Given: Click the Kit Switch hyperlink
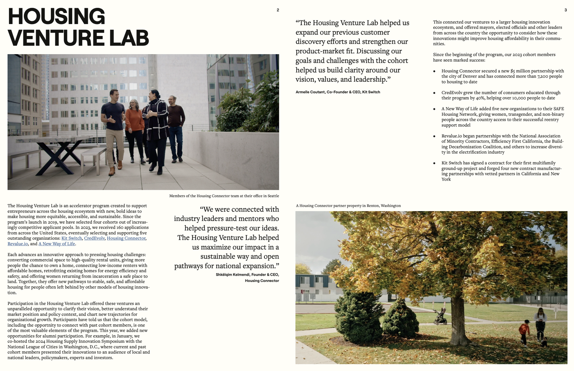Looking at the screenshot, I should click(x=72, y=238).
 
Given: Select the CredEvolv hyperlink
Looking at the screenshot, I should click(x=94, y=238).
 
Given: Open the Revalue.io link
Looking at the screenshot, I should click(x=18, y=244).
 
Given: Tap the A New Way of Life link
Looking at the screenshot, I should click(x=57, y=244).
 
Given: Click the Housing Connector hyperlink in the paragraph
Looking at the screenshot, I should click(x=126, y=238).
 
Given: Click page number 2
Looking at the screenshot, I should click(x=278, y=10).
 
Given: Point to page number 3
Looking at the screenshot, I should click(x=565, y=10).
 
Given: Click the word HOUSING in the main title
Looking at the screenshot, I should click(x=56, y=17).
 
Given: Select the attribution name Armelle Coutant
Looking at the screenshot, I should click(x=310, y=92).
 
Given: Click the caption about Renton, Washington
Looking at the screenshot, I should click(x=348, y=206).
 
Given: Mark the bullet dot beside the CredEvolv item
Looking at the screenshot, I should click(x=434, y=93).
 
